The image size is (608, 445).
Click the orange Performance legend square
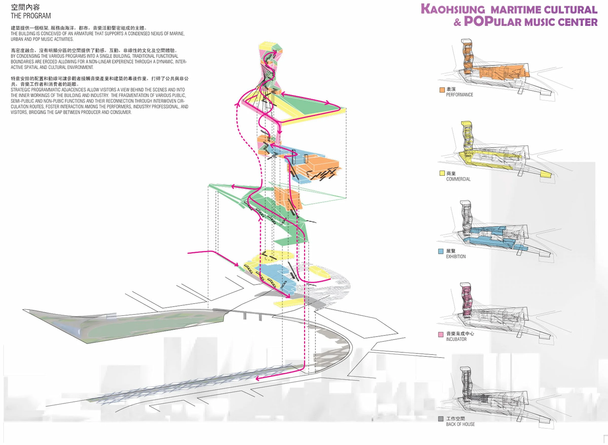click(x=442, y=90)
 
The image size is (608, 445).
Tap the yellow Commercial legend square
click(x=442, y=173)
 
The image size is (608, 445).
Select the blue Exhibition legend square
click(x=441, y=251)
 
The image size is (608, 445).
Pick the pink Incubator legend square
click(x=441, y=334)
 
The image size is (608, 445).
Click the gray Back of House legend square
click(x=441, y=419)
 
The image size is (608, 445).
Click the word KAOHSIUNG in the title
click(x=453, y=9)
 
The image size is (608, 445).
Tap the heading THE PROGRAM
click(x=31, y=16)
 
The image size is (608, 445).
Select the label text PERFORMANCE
click(x=460, y=95)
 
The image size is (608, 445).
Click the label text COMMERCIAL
click(x=458, y=179)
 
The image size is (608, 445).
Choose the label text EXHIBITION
click(x=456, y=257)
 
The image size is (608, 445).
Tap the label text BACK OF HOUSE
click(x=460, y=424)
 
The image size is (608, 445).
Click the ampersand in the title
click(x=457, y=22)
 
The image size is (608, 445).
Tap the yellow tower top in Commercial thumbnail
click(x=466, y=124)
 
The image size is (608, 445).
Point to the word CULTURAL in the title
click(x=570, y=10)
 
